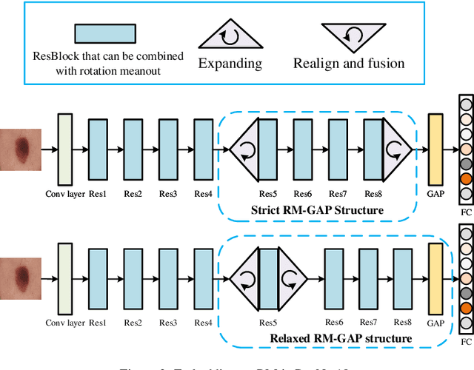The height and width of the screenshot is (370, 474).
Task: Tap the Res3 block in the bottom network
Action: [169, 279]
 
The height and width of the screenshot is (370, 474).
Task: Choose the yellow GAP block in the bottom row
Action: [435, 279]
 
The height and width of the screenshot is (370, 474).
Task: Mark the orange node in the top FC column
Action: [465, 179]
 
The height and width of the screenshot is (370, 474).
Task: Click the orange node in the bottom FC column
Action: [465, 309]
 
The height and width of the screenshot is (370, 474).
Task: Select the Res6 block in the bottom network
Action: [335, 279]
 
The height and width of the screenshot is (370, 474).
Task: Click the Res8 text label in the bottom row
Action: [403, 323]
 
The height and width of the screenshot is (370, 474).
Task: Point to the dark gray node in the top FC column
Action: [465, 164]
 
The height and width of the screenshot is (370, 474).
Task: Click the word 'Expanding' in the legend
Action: [231, 63]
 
